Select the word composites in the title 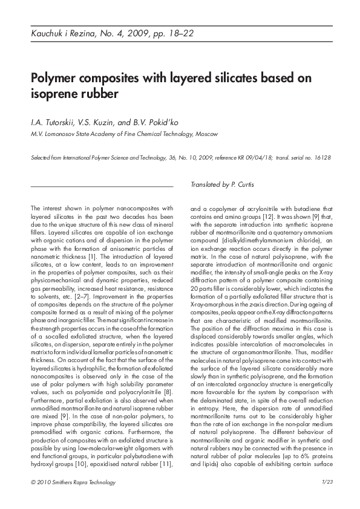(x=109, y=79)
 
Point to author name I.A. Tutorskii (x=51, y=123)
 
